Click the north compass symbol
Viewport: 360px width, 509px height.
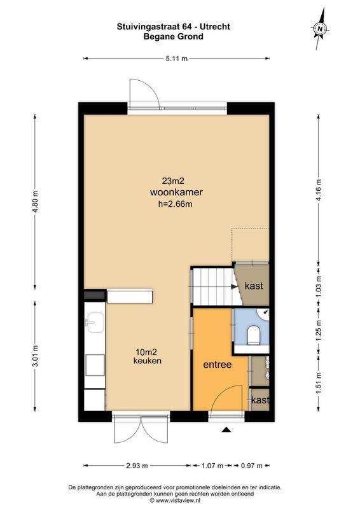click(x=321, y=27)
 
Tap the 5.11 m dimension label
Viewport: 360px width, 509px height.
click(x=177, y=59)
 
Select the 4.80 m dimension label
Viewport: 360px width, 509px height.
click(x=36, y=202)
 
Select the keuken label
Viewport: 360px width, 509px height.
click(x=148, y=361)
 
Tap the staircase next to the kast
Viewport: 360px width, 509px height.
click(x=212, y=286)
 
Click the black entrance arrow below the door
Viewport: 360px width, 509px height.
click(x=225, y=431)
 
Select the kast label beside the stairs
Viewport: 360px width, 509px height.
click(x=254, y=286)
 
